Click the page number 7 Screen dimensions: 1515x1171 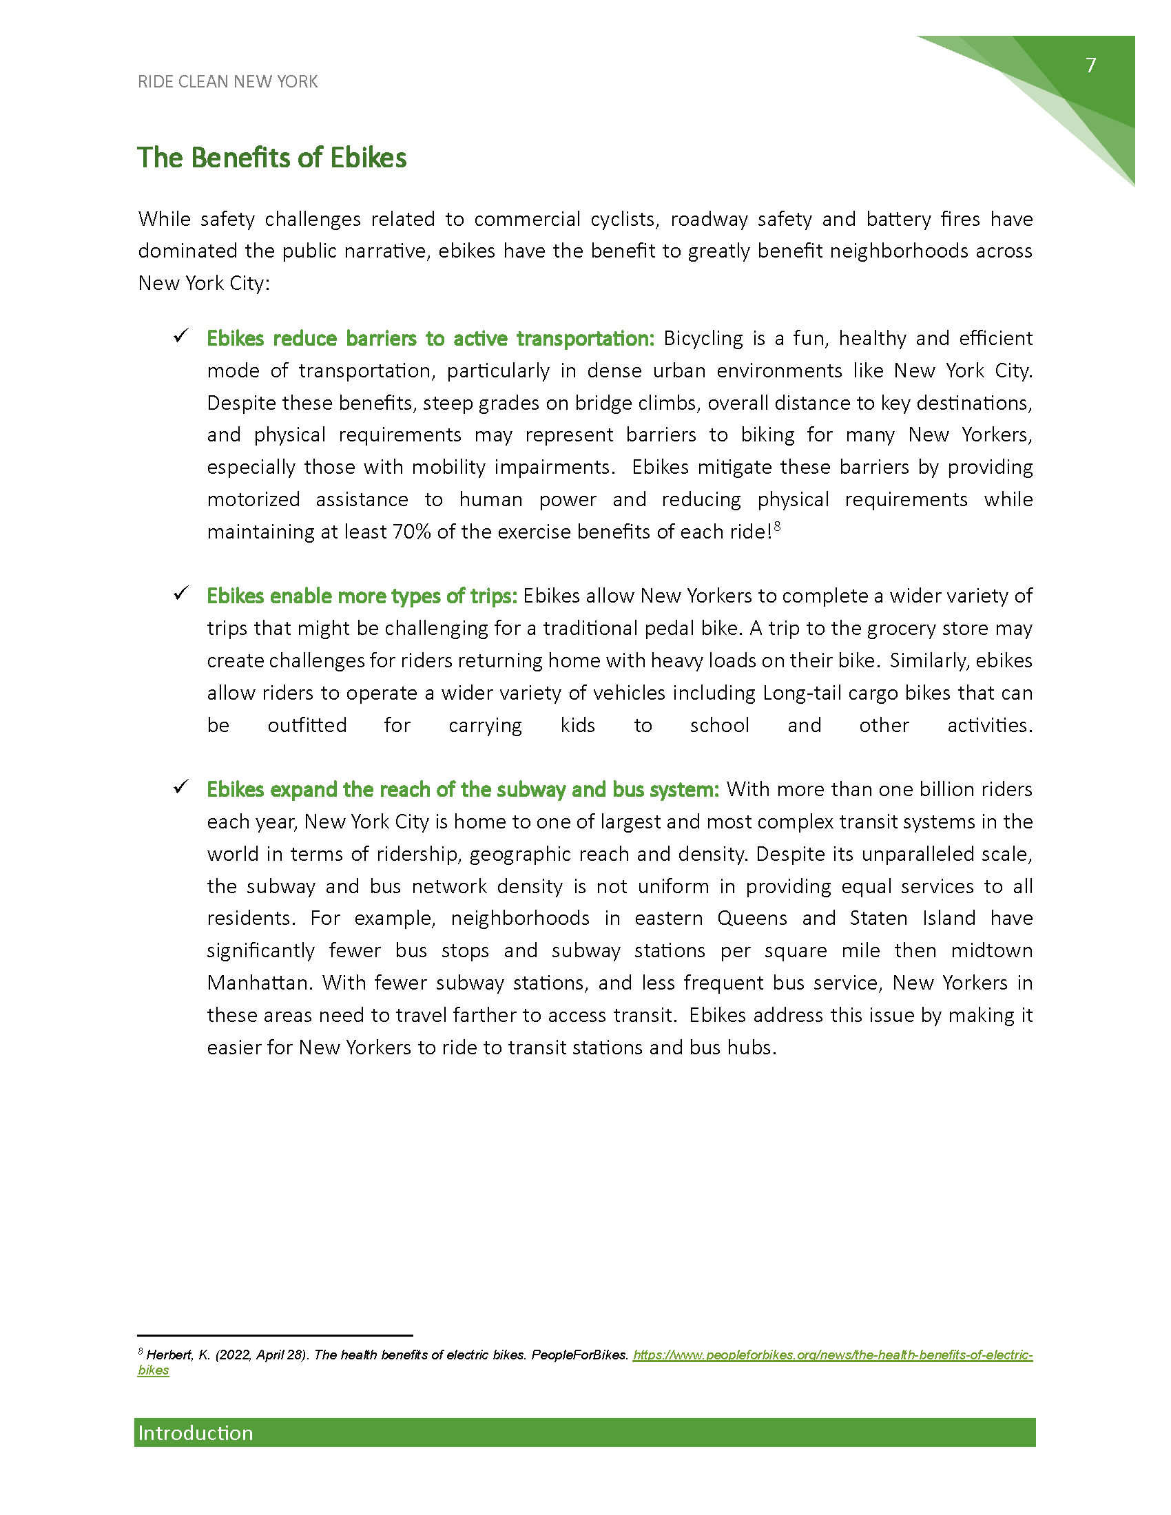pyautogui.click(x=1090, y=65)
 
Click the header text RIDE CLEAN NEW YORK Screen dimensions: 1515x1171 pyautogui.click(x=227, y=82)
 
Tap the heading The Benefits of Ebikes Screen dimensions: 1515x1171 pyautogui.click(x=271, y=158)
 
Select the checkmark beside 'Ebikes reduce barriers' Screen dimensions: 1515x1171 pyautogui.click(x=181, y=337)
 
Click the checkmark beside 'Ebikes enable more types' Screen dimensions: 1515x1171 pyautogui.click(x=181, y=594)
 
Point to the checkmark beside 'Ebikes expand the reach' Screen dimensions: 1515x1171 pyautogui.click(x=181, y=787)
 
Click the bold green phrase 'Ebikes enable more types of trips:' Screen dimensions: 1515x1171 pyautogui.click(x=362, y=596)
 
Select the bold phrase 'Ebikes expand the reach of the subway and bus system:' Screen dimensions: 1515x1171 pyautogui.click(x=463, y=789)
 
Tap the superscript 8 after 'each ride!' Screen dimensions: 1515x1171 pyautogui.click(x=778, y=527)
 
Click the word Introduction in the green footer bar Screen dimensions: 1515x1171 pyautogui.click(x=196, y=1433)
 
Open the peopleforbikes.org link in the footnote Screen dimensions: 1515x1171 pyautogui.click(x=833, y=1355)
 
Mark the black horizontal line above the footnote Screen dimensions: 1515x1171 pyautogui.click(x=275, y=1335)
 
